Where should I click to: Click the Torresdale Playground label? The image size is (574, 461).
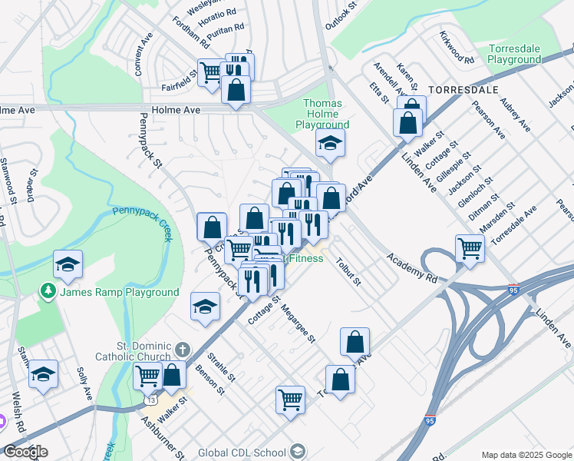(x=514, y=54)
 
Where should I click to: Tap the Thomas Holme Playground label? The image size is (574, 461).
(x=328, y=114)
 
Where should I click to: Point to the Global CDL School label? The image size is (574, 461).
(x=242, y=452)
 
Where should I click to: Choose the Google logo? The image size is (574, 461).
(x=25, y=452)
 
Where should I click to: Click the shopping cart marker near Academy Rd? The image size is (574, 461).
(x=470, y=248)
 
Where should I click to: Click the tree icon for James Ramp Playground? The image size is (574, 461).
(x=48, y=292)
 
